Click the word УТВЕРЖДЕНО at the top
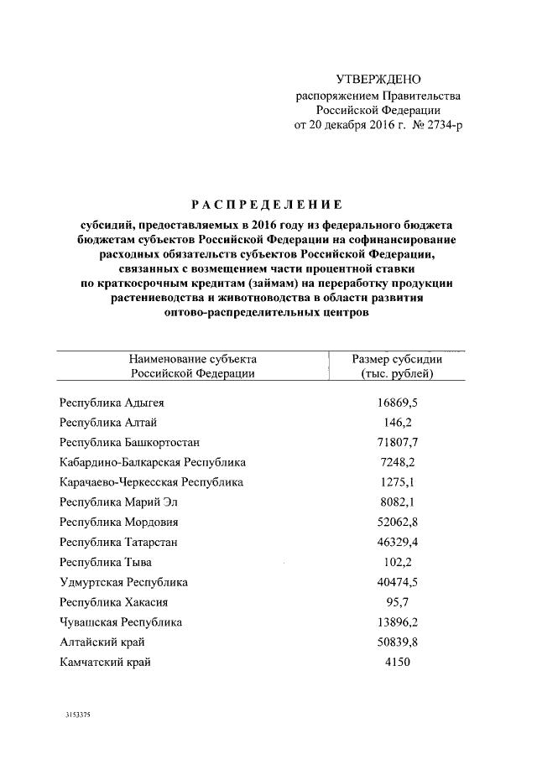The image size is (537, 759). (x=377, y=81)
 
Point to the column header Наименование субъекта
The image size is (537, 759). (x=192, y=359)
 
